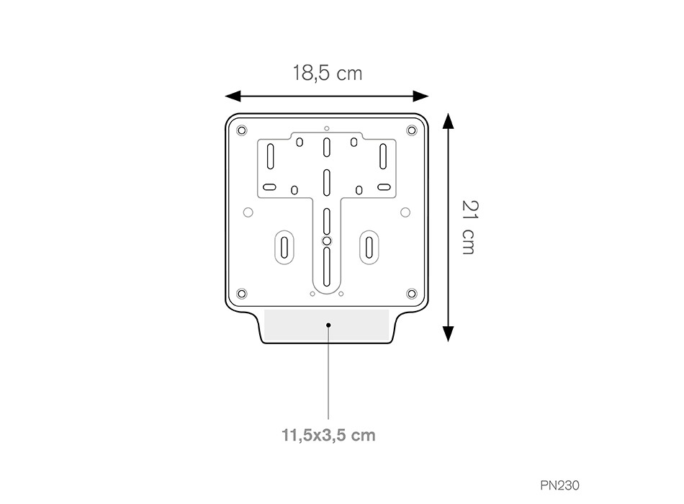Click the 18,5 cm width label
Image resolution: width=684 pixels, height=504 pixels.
point(327,73)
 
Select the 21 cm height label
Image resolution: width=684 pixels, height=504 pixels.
point(469,228)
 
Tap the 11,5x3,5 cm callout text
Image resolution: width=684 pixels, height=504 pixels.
point(328,435)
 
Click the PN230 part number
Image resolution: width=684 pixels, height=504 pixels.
point(559,485)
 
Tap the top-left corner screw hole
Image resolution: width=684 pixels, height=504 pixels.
point(241,130)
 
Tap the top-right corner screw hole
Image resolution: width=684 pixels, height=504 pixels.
point(412,130)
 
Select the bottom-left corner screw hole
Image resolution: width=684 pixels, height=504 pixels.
point(241,293)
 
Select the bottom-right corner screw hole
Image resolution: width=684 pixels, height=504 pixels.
point(412,293)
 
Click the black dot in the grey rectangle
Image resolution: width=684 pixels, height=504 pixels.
point(328,325)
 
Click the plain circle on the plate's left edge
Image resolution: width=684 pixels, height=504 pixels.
point(248,212)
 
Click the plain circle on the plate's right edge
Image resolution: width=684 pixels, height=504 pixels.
point(405,212)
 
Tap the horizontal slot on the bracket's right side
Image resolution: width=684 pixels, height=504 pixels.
point(384,187)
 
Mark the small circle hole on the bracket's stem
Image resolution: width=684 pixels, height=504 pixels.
point(326,240)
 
